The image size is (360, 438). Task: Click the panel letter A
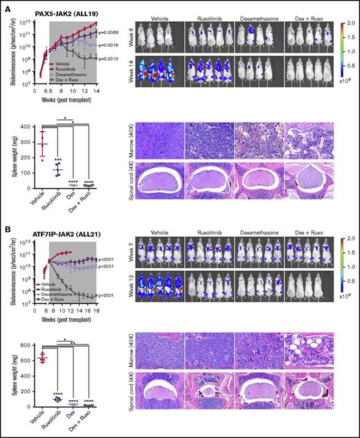coord(5,6)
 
